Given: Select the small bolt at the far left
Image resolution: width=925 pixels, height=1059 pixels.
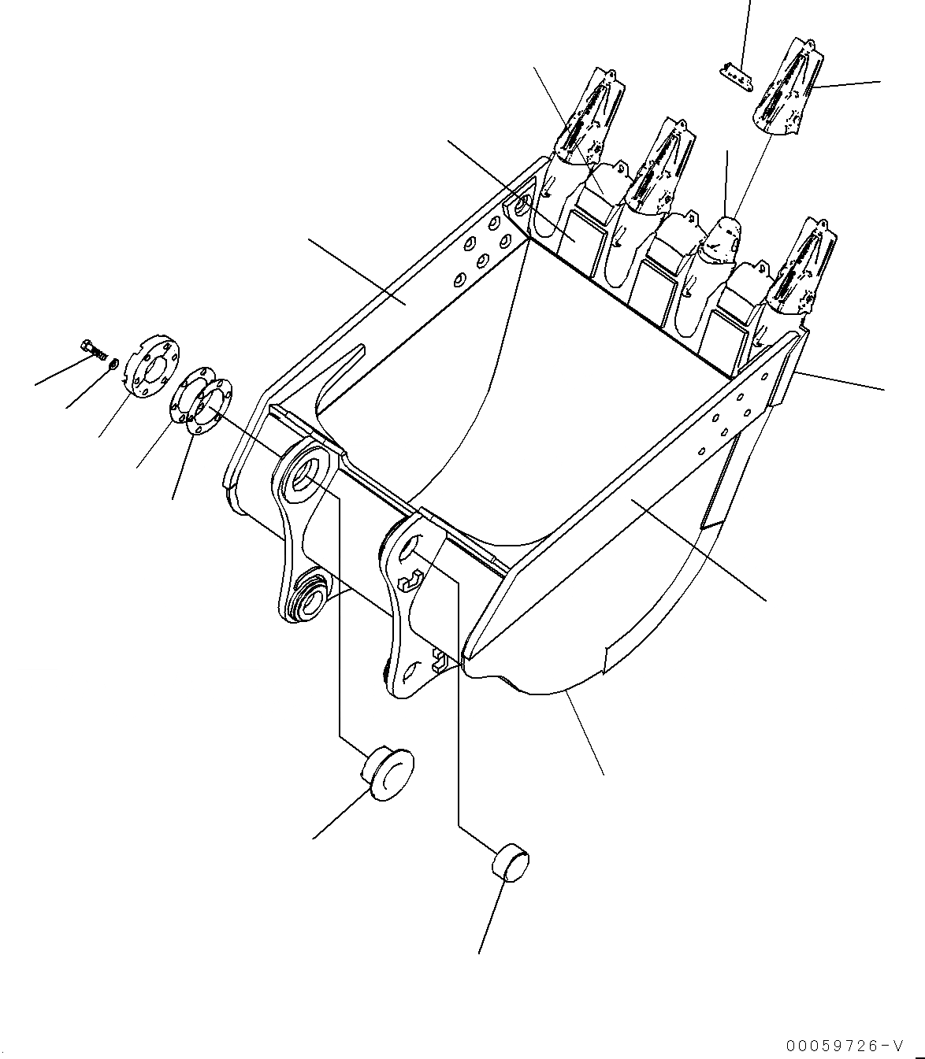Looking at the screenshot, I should (93, 347).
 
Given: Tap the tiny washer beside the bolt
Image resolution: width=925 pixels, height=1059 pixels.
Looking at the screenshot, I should (115, 363).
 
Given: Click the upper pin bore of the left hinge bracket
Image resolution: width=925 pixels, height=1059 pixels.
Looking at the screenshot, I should (304, 476).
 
